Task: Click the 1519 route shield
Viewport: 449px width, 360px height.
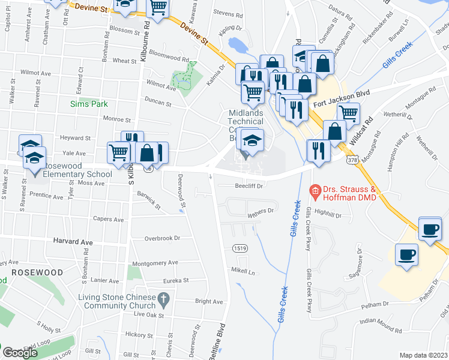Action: tap(240, 248)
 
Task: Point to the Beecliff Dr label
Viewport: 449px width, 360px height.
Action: tap(249, 187)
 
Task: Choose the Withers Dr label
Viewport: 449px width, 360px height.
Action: tap(260, 211)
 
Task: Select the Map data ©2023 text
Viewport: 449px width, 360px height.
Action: tap(423, 355)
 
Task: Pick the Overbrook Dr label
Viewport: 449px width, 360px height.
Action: tap(162, 238)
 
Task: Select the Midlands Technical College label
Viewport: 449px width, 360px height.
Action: tap(246, 122)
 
